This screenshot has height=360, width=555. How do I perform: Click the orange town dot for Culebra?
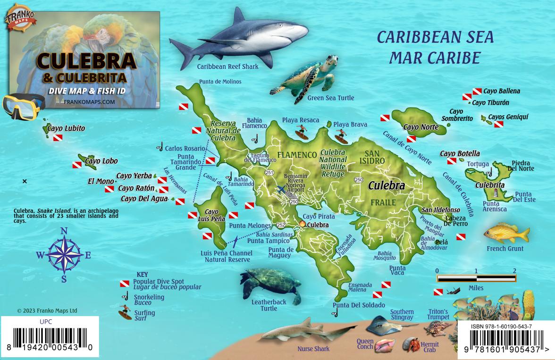(303, 225)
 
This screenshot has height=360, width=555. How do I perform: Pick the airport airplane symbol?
(282, 190)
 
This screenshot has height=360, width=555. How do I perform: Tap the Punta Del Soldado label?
(355, 305)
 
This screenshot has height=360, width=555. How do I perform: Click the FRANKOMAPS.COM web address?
(89, 101)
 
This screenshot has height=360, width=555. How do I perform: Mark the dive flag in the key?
(125, 283)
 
